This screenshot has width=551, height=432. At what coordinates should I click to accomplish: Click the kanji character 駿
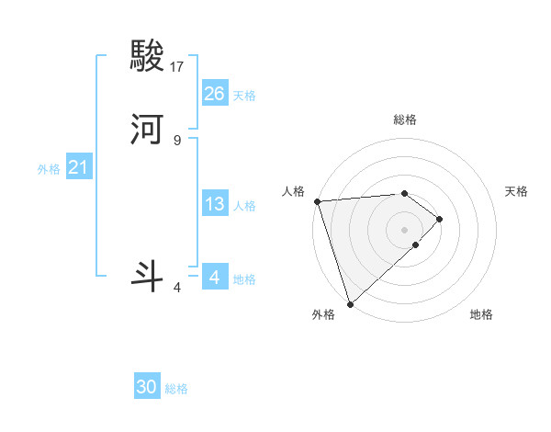coord(149,58)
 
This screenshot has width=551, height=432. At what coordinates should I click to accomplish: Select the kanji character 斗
coord(149,276)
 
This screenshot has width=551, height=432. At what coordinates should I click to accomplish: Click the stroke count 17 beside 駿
coord(177,67)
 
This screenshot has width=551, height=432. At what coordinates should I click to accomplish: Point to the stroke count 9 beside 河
coord(177,140)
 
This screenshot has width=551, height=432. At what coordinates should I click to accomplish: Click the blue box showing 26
coord(215,93)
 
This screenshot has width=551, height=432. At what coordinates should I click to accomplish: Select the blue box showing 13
coord(215,204)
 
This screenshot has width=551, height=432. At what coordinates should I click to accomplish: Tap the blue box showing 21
coord(79,167)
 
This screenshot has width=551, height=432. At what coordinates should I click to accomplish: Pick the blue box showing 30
coord(147,387)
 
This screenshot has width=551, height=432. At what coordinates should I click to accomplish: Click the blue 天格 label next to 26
coord(244,96)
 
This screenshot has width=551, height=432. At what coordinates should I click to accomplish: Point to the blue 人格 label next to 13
coord(244,206)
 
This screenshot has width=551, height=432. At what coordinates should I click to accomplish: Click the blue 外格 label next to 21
coord(49,169)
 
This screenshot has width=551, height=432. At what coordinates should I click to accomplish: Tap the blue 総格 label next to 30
coord(176,389)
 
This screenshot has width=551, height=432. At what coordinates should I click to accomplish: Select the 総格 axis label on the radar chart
coord(405,119)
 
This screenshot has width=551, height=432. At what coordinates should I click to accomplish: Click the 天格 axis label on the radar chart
coord(517,191)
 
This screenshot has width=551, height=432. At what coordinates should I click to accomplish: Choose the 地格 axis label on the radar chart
coord(481,314)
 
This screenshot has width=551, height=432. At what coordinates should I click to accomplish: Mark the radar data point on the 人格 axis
coord(317,200)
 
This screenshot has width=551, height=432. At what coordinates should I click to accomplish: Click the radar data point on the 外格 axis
coord(349,303)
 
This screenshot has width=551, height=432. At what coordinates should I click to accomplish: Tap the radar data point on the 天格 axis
coord(440,219)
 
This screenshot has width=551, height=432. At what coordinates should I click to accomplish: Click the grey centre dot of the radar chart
coord(405,229)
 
